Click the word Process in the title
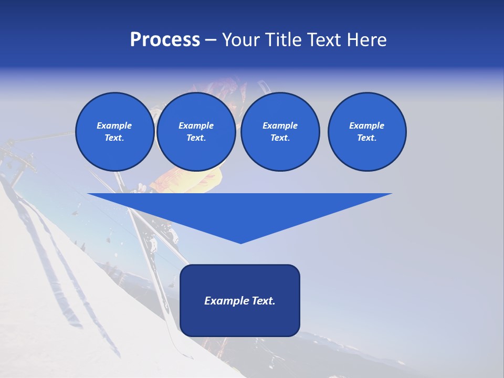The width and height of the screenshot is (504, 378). click(x=165, y=40)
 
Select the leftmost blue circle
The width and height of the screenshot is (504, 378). click(x=114, y=132)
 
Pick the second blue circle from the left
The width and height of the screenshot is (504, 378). click(x=196, y=132)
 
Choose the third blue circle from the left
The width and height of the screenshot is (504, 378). click(x=280, y=132)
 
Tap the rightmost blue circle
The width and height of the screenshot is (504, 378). click(x=366, y=132)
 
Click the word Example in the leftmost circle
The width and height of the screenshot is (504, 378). click(x=114, y=125)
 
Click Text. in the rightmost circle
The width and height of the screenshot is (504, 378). click(x=366, y=138)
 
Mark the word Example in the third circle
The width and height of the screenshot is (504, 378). click(x=280, y=125)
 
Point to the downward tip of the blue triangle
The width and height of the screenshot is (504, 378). click(x=240, y=242)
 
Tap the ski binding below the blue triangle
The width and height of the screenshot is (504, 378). click(x=157, y=239)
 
